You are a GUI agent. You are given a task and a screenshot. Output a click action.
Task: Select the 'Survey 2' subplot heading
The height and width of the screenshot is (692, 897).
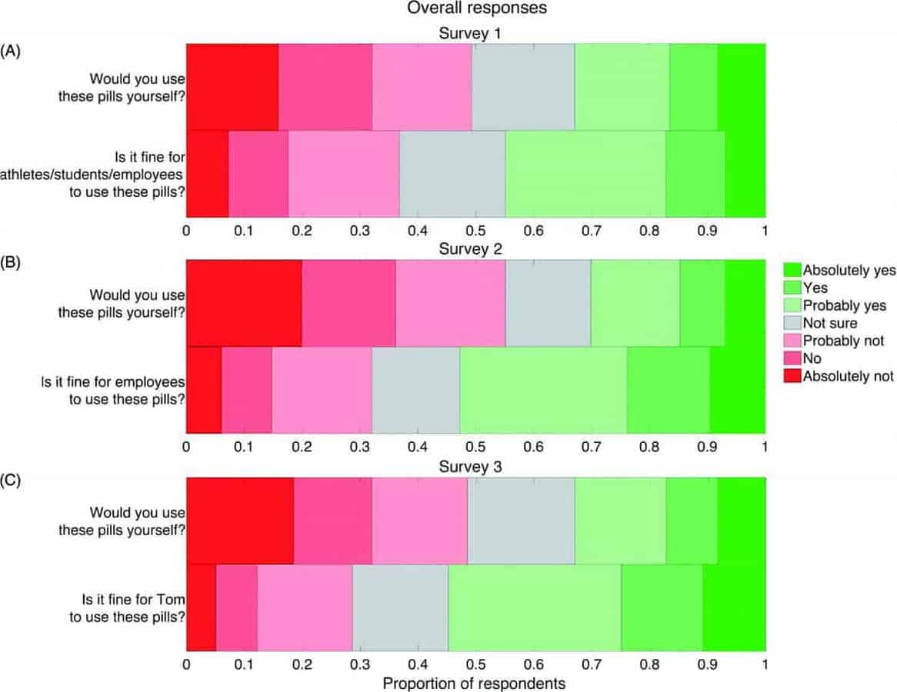(x=475, y=249)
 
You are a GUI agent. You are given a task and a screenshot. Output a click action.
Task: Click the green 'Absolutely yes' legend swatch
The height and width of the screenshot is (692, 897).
(x=792, y=270)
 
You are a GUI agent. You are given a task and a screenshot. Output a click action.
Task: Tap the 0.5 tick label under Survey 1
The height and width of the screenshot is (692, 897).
(x=475, y=231)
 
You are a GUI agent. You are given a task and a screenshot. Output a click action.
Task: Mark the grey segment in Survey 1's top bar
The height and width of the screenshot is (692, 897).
(x=523, y=87)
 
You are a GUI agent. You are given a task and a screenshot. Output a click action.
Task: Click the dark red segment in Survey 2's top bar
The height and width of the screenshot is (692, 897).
(x=244, y=303)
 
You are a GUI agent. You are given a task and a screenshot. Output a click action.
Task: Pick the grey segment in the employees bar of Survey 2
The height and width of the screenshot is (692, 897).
(x=415, y=390)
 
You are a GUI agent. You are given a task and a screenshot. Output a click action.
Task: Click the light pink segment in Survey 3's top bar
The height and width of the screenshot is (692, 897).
(x=419, y=521)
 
